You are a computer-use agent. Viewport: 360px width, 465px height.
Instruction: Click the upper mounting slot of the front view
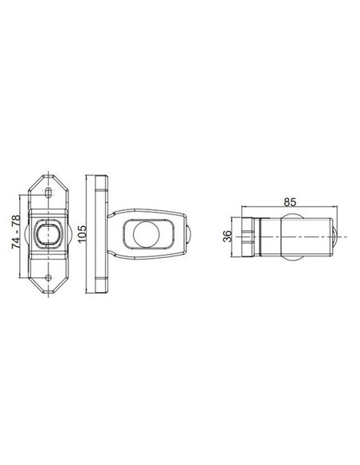pos(49,193)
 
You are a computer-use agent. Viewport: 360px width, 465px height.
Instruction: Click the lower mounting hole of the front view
pos(49,278)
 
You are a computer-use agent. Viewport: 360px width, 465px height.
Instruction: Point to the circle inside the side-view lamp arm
pos(146,235)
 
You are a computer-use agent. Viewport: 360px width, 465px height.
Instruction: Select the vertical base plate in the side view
pos(102,235)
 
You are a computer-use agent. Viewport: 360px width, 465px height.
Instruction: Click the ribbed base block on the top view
pos(246,236)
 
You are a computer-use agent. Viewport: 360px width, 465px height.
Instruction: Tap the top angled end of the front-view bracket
pos(49,176)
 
